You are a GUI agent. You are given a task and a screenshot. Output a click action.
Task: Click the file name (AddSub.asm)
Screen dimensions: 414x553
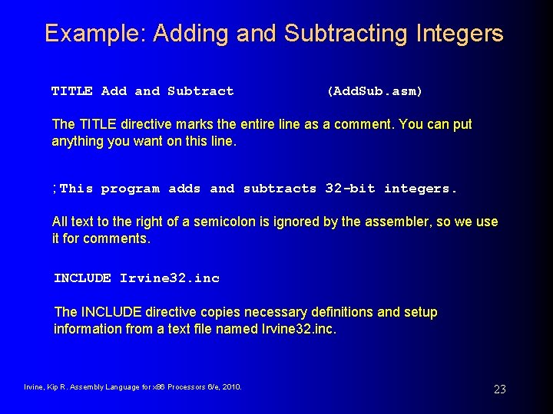[x=375, y=91]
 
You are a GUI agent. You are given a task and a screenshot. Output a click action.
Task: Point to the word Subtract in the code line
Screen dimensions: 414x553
[x=200, y=91]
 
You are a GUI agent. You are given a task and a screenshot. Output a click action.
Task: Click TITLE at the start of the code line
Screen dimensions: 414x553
[x=71, y=91]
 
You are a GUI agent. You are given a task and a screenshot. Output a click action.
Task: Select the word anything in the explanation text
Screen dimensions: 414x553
[x=77, y=141]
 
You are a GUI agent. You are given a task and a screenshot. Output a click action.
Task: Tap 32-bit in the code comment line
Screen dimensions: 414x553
[x=350, y=189]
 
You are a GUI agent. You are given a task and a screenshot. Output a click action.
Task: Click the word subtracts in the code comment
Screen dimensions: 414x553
[x=280, y=189]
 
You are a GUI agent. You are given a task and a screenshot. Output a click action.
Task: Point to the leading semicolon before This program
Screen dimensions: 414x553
[x=55, y=189]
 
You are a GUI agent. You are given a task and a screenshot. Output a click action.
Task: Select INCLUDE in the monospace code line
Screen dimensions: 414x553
[x=82, y=278]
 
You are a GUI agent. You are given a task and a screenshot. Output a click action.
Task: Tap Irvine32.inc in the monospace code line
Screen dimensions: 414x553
[x=170, y=278]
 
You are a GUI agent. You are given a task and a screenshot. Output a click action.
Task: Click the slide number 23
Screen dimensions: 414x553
[x=499, y=389]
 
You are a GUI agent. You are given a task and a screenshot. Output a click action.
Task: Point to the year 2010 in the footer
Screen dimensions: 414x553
[x=230, y=387]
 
